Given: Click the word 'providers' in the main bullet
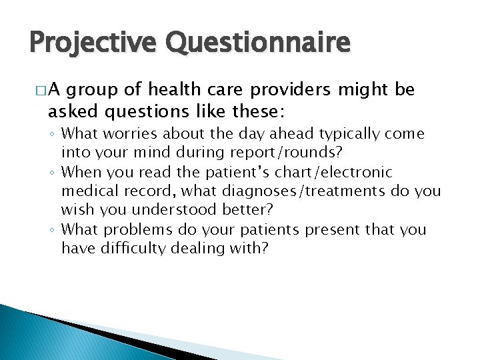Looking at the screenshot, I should (x=297, y=90).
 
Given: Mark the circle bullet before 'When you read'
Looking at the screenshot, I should (x=54, y=173).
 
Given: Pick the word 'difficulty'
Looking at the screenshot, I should (x=139, y=249).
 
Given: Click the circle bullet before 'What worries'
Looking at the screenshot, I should (x=54, y=135).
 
